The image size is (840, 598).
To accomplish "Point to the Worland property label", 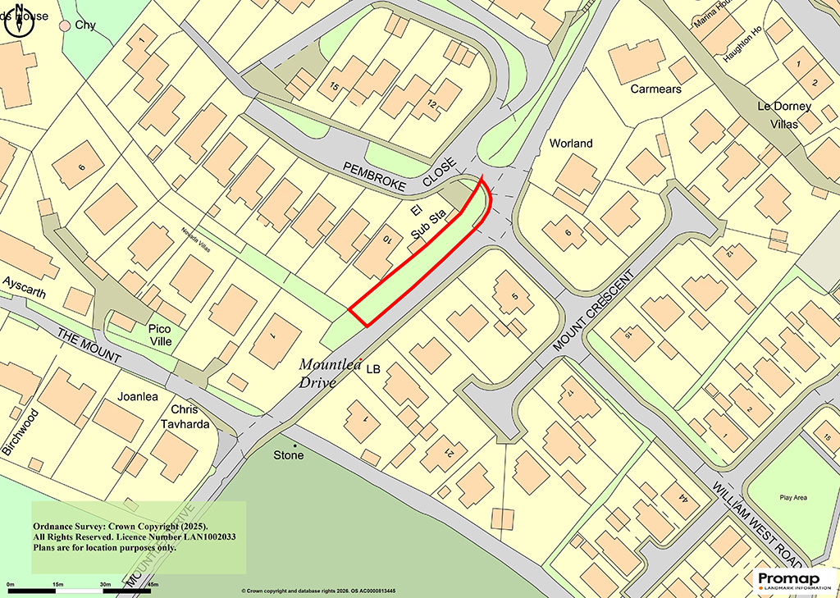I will (x=571, y=143).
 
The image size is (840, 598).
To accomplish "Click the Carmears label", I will (x=655, y=89).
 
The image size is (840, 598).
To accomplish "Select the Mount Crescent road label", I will (x=596, y=312).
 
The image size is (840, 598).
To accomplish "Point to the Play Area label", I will (x=789, y=498).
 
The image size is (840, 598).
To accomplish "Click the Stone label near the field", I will (x=288, y=454).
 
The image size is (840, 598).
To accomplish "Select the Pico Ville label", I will (x=161, y=334).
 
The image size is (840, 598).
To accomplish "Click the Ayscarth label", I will (x=24, y=291).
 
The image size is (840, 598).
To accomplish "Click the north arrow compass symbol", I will (x=18, y=21).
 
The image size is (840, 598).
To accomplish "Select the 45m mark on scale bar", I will (x=152, y=584).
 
